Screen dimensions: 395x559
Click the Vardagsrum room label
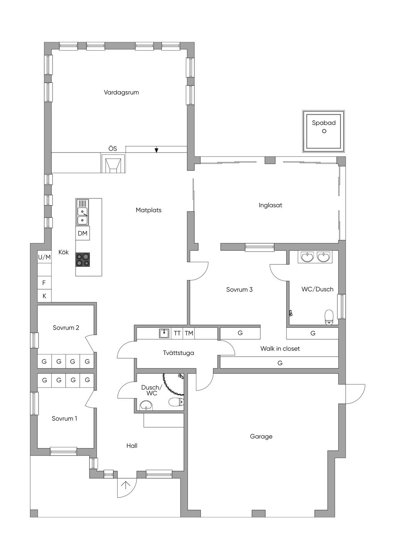(121, 92)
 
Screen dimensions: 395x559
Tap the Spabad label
(324, 123)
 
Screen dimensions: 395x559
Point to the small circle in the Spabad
(324, 131)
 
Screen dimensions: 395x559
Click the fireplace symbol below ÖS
(113, 163)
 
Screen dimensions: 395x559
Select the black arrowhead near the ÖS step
(156, 150)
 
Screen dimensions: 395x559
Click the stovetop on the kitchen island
(83, 260)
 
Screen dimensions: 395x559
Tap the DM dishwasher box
(83, 233)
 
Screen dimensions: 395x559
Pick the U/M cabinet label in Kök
(44, 257)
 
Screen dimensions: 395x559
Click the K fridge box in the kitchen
(44, 296)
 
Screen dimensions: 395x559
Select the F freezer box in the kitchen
(44, 283)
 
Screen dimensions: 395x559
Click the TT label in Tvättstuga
(177, 333)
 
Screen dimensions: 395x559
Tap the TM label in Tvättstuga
(189, 333)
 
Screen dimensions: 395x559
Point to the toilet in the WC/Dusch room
(329, 317)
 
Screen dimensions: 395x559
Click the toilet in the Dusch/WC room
(176, 402)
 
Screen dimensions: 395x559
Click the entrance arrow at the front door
(126, 484)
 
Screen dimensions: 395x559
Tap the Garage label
(261, 437)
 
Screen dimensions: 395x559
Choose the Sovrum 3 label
(240, 290)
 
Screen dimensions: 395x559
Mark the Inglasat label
(270, 205)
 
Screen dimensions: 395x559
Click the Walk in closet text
(280, 349)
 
